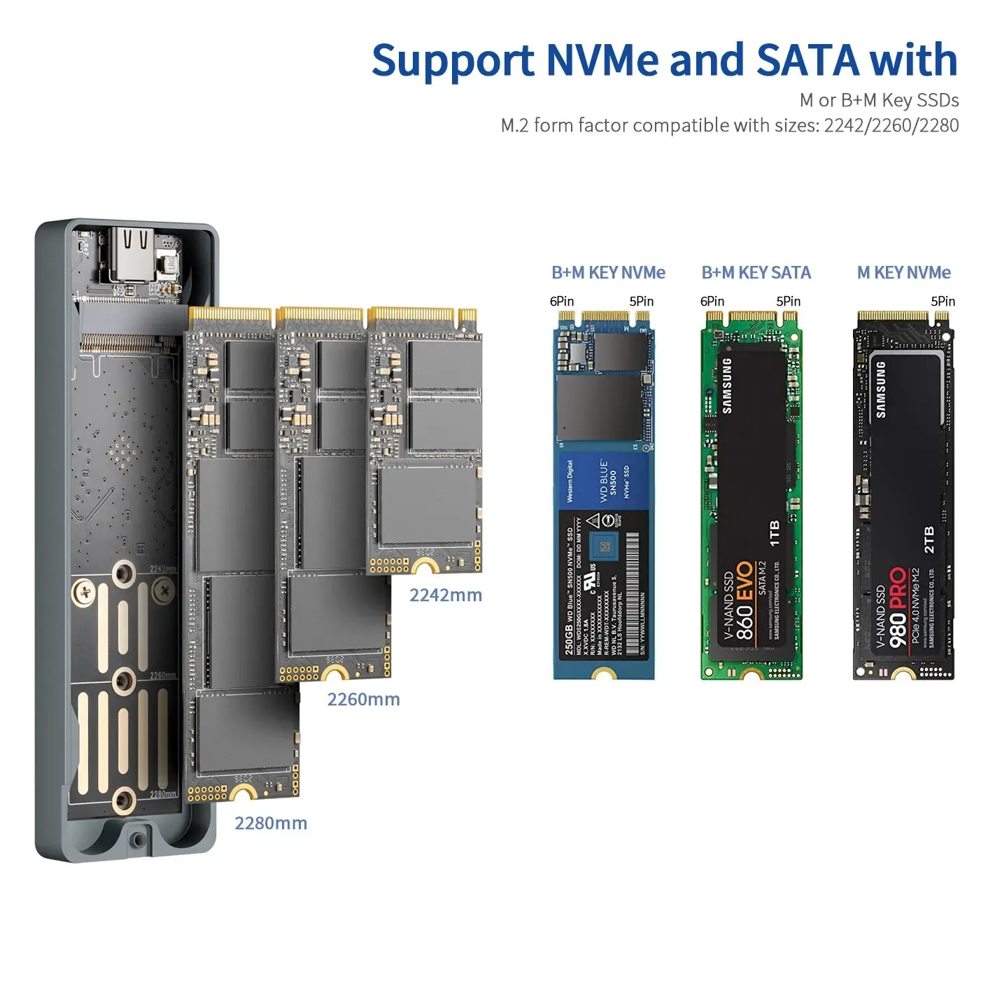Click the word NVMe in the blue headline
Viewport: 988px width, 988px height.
point(602,60)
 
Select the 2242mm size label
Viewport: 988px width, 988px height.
point(446,595)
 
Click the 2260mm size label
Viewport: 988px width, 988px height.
point(363,700)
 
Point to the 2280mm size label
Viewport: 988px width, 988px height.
point(271,824)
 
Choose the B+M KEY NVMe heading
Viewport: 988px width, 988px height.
point(608,273)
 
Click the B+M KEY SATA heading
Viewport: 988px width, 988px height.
point(756,273)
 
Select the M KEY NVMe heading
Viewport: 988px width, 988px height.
point(903,273)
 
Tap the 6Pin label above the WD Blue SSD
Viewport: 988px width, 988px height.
point(561,302)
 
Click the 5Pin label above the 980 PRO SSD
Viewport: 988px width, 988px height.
point(943,302)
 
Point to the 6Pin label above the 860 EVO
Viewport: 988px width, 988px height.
point(712,302)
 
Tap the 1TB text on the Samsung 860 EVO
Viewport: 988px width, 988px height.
point(775,533)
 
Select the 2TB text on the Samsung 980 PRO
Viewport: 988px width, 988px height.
point(929,540)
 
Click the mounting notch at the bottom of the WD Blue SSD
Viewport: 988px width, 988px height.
point(603,675)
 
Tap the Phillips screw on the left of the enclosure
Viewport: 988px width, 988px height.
point(85,593)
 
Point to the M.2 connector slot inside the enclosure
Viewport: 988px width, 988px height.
point(126,344)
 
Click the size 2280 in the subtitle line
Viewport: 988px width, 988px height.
point(938,126)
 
